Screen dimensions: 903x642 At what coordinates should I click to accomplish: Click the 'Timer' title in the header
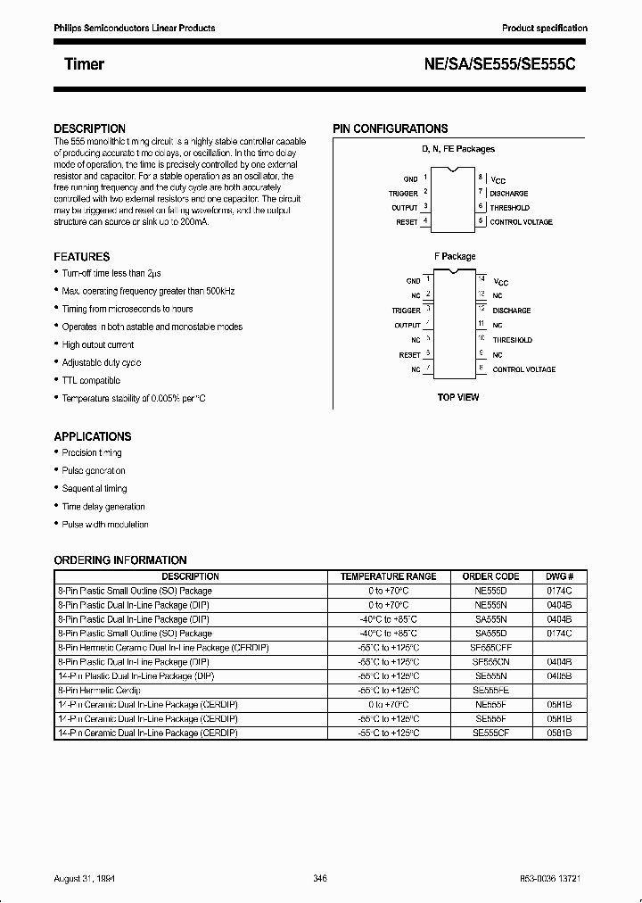84,64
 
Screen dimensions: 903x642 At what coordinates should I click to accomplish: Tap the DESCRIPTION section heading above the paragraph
89,128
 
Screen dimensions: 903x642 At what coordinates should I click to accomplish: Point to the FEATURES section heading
82,257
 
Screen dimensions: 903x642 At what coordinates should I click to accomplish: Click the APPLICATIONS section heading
93,436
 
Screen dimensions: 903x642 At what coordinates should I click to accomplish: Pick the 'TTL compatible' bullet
91,380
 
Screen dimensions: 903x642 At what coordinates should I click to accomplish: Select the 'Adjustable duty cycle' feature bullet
102,362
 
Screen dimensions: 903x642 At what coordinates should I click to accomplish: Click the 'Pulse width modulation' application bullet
105,525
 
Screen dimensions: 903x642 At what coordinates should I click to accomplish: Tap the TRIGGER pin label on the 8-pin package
403,194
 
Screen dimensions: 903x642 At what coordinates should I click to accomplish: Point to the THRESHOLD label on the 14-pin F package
513,340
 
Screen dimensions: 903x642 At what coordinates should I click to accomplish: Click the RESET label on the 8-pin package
407,222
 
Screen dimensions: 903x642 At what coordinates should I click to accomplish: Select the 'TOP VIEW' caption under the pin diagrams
457,397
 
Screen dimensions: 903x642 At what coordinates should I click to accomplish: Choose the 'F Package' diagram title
455,257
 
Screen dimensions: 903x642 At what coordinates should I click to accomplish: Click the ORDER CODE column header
490,576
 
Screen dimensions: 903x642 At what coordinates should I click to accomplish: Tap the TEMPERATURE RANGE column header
388,576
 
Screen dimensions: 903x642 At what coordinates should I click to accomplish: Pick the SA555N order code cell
490,618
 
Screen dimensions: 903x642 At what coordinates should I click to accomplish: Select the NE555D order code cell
490,591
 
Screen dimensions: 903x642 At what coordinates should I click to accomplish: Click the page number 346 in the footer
321,878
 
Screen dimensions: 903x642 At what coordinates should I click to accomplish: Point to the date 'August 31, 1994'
85,878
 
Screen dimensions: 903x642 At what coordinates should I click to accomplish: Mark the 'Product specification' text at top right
544,29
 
